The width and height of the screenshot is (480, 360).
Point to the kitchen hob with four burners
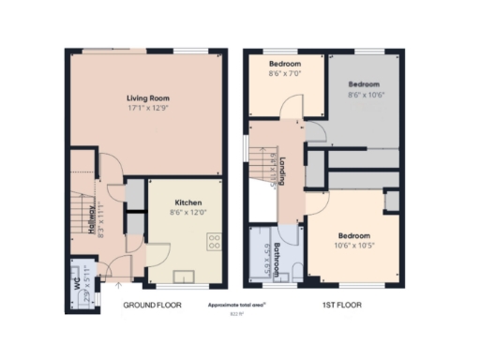pyautogui.click(x=214, y=239)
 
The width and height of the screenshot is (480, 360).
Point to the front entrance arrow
pyautogui.click(x=116, y=284)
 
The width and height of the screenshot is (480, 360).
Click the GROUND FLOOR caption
pyautogui.click(x=153, y=305)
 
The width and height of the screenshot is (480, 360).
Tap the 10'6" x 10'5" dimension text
pyautogui.click(x=353, y=246)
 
